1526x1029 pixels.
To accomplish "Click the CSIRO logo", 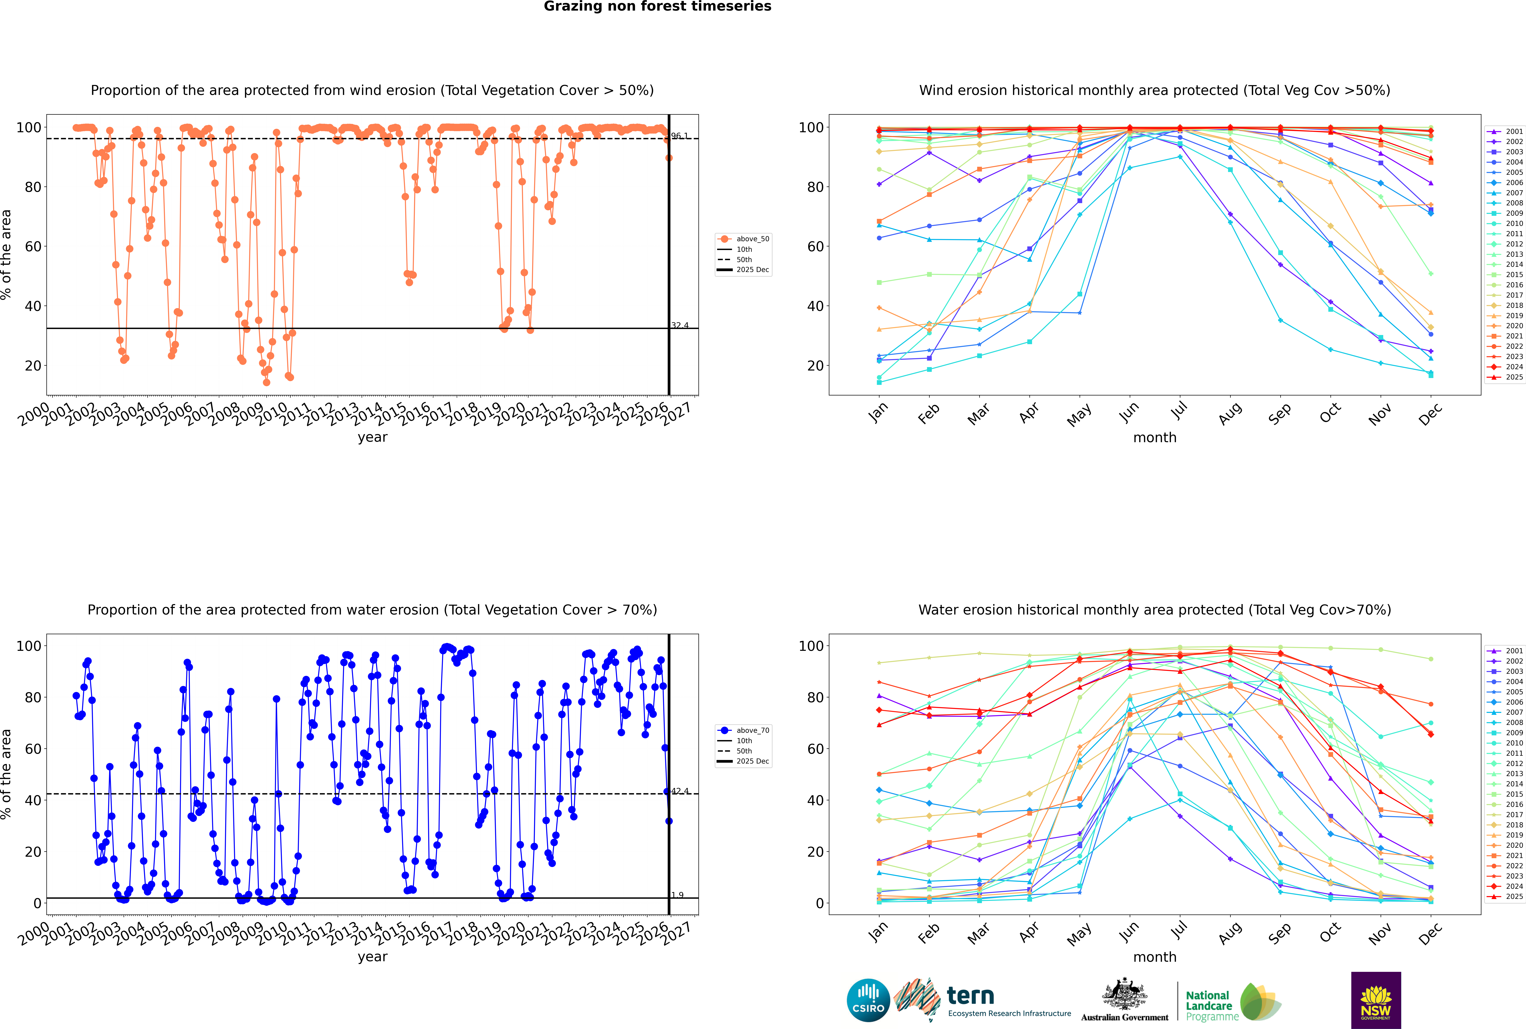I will (868, 1000).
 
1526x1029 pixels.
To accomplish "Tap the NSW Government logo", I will (1376, 1000).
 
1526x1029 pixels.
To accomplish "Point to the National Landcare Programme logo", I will (1232, 1001).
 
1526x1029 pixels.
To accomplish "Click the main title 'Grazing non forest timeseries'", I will (657, 7).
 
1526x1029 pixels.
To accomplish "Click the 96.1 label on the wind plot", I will (680, 136).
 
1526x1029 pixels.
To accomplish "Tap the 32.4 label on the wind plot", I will (680, 326).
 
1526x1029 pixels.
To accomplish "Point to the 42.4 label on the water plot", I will (680, 791).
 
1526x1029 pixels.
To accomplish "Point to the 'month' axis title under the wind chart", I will (1155, 438).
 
